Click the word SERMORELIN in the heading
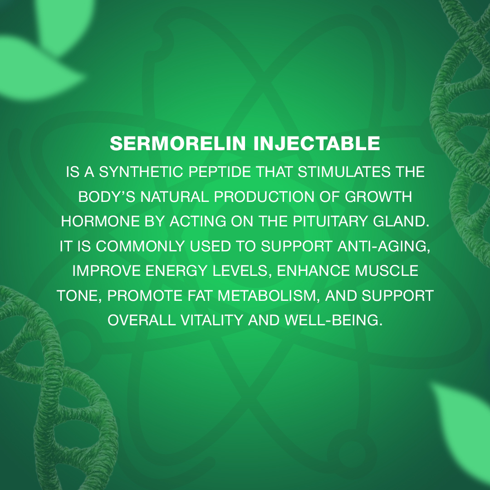coord(178,143)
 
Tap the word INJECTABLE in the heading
coord(317,143)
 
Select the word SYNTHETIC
coord(141,172)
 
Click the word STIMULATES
coord(344,172)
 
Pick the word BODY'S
coord(107,196)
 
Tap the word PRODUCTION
coord(264,196)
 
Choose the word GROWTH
coord(378,196)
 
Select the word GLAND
coord(401,221)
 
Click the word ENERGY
coord(176,270)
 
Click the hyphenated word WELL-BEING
coord(333,320)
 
